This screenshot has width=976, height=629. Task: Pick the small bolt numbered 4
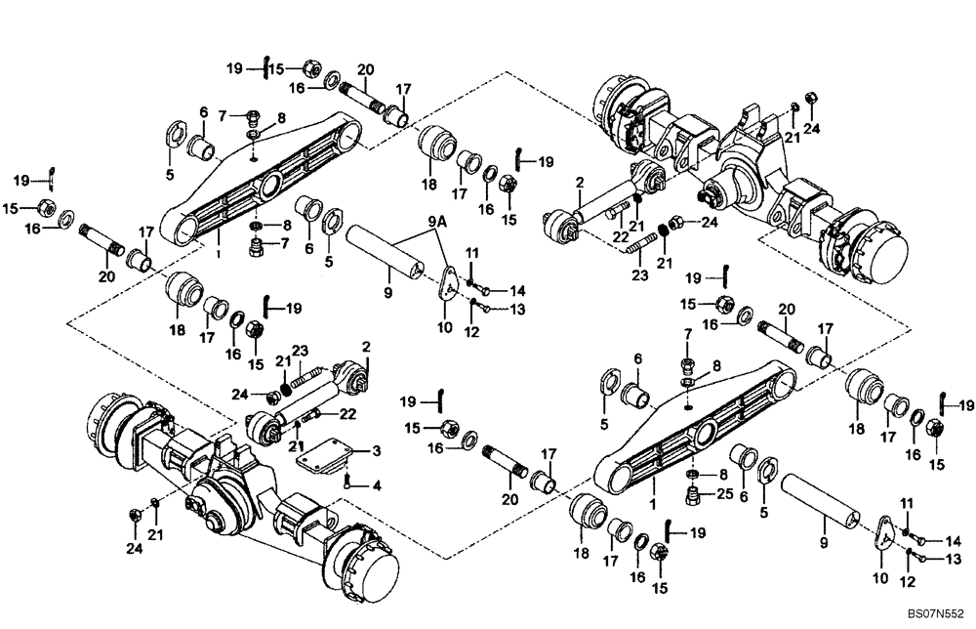click(x=348, y=480)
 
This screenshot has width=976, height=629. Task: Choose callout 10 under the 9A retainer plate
click(x=444, y=326)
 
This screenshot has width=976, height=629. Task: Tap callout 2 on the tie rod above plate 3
click(x=367, y=347)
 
